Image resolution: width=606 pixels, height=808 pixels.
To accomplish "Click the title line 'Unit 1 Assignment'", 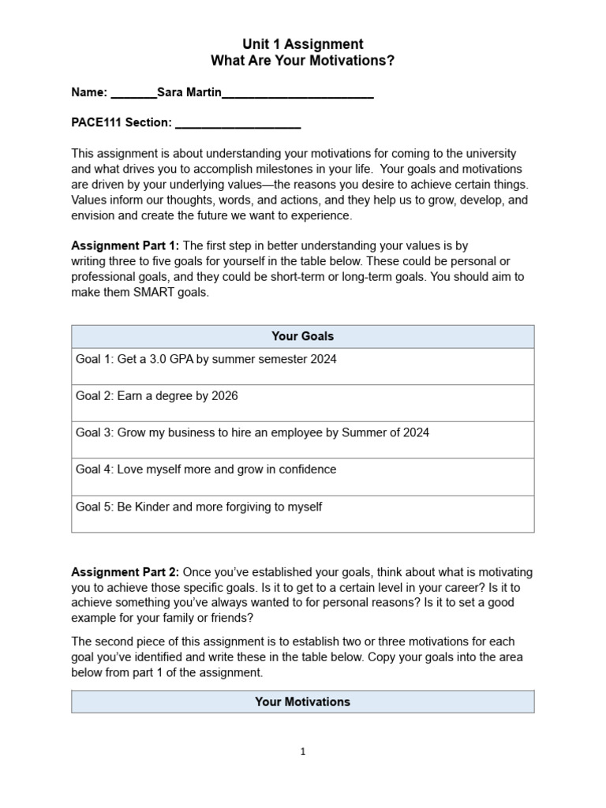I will point(302,44).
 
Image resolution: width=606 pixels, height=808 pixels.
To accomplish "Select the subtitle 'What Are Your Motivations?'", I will point(302,61).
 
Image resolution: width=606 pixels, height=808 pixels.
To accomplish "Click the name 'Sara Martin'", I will point(189,92).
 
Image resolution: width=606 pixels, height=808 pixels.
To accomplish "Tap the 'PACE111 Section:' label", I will point(122,122).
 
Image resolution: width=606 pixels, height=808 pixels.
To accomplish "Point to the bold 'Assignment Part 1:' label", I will point(125,245).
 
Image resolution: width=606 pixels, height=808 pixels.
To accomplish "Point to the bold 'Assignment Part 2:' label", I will point(125,571).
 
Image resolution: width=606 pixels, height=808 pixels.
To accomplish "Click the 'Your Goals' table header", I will point(302,336).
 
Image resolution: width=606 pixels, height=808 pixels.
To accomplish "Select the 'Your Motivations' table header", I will point(302,701).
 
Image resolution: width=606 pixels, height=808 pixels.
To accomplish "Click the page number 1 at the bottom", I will point(302,752).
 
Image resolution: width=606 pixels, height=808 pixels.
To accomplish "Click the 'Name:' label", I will point(89,92).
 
